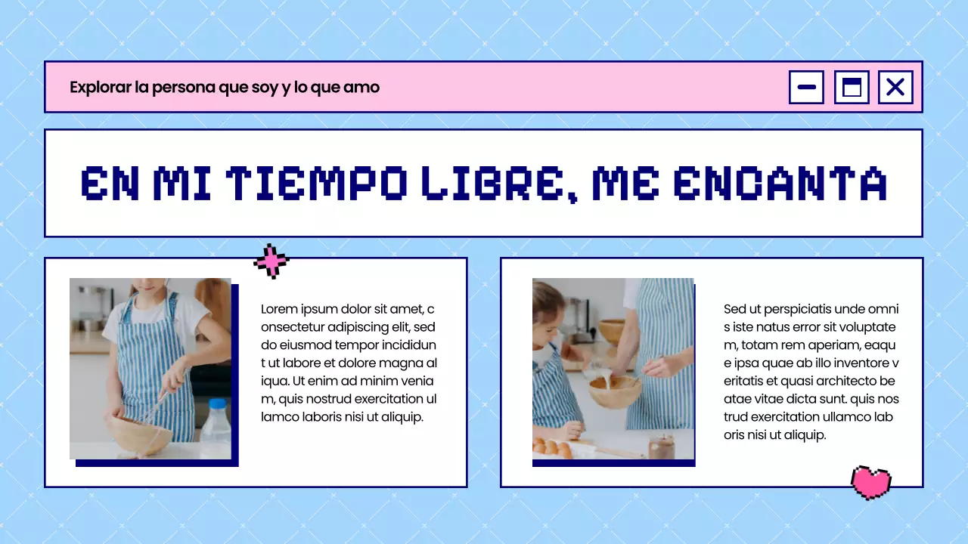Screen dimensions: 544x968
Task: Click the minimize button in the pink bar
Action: click(806, 87)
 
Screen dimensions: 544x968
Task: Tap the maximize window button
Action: click(852, 87)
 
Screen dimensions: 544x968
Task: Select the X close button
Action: click(895, 87)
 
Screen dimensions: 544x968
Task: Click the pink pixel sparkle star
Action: click(271, 261)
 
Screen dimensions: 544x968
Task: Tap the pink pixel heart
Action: click(871, 482)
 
